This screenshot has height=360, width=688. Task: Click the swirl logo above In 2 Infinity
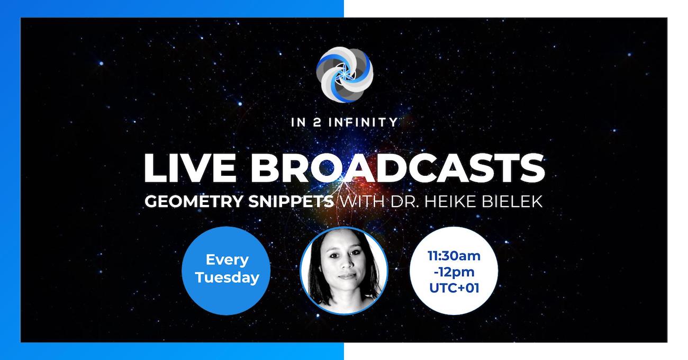point(345,74)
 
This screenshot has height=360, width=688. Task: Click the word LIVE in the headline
point(190,168)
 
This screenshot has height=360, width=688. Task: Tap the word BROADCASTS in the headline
point(398,168)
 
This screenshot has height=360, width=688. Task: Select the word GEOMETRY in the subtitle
point(194,202)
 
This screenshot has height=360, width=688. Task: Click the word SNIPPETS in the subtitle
point(291,202)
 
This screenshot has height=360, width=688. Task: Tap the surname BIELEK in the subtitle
point(512,202)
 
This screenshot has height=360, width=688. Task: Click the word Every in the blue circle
point(227,260)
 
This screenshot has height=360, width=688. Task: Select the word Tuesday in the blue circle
point(227,277)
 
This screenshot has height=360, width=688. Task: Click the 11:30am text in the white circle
point(454,256)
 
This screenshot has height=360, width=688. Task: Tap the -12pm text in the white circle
point(454,272)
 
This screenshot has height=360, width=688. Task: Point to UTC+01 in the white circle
point(454,288)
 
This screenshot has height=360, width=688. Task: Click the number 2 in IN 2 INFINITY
point(317,122)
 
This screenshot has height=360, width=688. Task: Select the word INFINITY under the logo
point(363,122)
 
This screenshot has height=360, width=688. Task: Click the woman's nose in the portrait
point(346,262)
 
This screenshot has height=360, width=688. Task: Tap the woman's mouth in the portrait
point(347,275)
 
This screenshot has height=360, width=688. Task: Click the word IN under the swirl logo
point(298,122)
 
